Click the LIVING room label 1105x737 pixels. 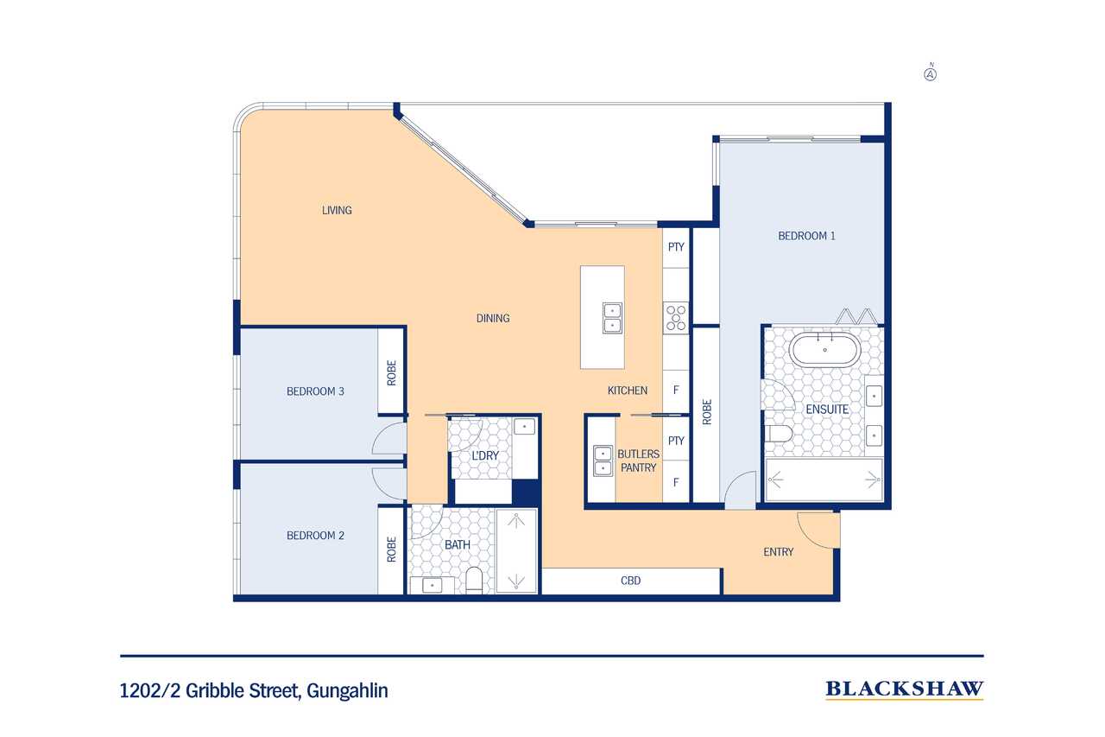pyautogui.click(x=337, y=210)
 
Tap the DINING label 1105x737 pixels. pyautogui.click(x=493, y=319)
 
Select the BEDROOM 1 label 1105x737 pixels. pyautogui.click(x=806, y=236)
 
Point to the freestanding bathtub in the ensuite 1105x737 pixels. pyautogui.click(x=824, y=350)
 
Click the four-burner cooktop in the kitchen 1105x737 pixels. pyautogui.click(x=676, y=318)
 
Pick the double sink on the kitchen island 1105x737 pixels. pyautogui.click(x=612, y=318)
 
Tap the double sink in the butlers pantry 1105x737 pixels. pyautogui.click(x=603, y=461)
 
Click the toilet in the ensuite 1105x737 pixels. pyautogui.click(x=779, y=434)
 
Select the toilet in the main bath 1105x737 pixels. pyautogui.click(x=474, y=580)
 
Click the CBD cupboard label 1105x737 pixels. pyautogui.click(x=630, y=581)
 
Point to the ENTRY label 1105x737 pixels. pyautogui.click(x=779, y=552)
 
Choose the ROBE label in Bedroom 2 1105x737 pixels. pyautogui.click(x=392, y=550)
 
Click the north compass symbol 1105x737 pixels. pyautogui.click(x=931, y=73)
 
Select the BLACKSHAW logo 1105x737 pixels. pyautogui.click(x=905, y=689)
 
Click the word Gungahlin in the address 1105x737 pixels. pyautogui.click(x=347, y=690)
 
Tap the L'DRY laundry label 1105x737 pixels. pyautogui.click(x=485, y=455)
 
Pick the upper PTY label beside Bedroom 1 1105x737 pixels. pyautogui.click(x=676, y=247)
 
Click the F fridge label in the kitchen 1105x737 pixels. pyautogui.click(x=676, y=390)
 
